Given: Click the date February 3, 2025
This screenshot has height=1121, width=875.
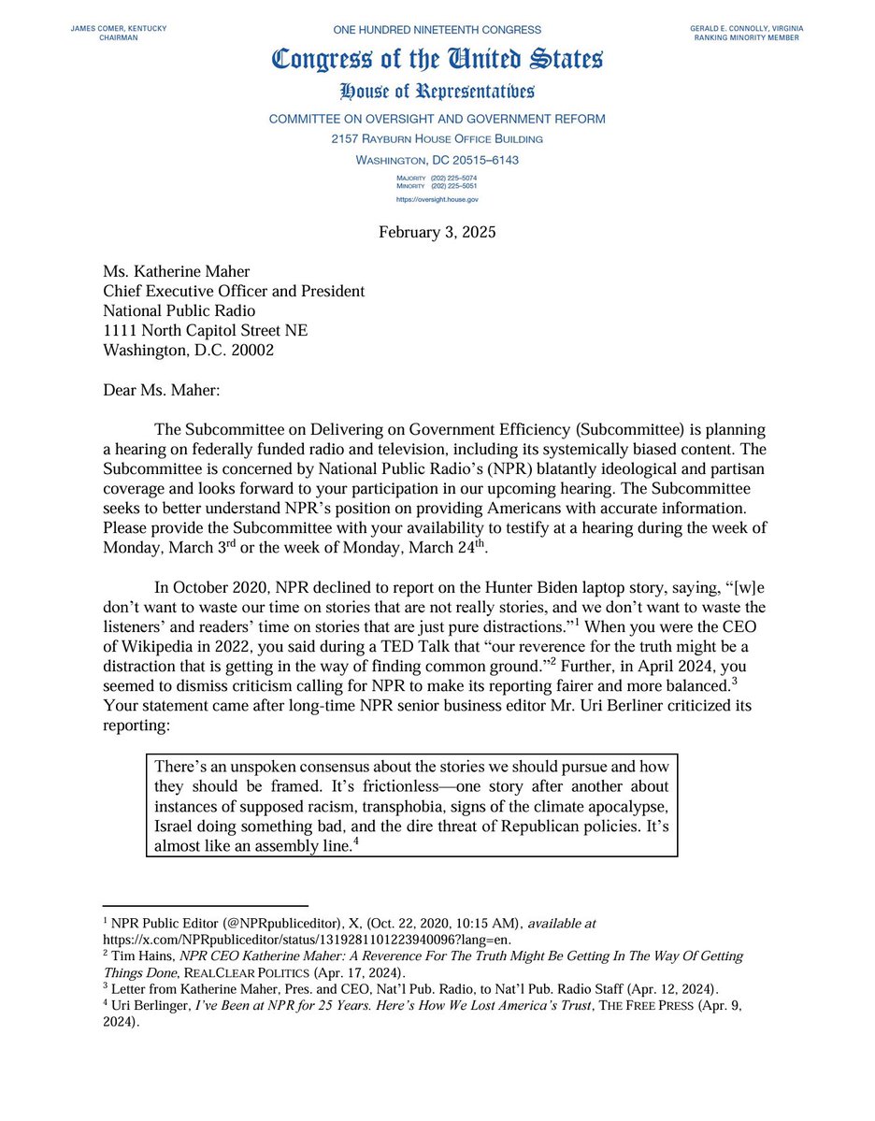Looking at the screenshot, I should (437, 232).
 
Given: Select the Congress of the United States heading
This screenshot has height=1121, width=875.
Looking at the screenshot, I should (437, 60).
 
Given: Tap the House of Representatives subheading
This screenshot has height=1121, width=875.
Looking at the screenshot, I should (437, 92).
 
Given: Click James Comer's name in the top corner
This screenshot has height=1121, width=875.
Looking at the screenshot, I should (118, 30).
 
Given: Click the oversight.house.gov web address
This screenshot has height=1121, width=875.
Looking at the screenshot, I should (437, 198).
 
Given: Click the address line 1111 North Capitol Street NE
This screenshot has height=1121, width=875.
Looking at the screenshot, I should (205, 331).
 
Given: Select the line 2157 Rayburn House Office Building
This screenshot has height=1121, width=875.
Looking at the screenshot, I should (437, 139).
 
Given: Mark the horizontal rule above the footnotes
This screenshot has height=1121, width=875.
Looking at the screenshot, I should (205, 906).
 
